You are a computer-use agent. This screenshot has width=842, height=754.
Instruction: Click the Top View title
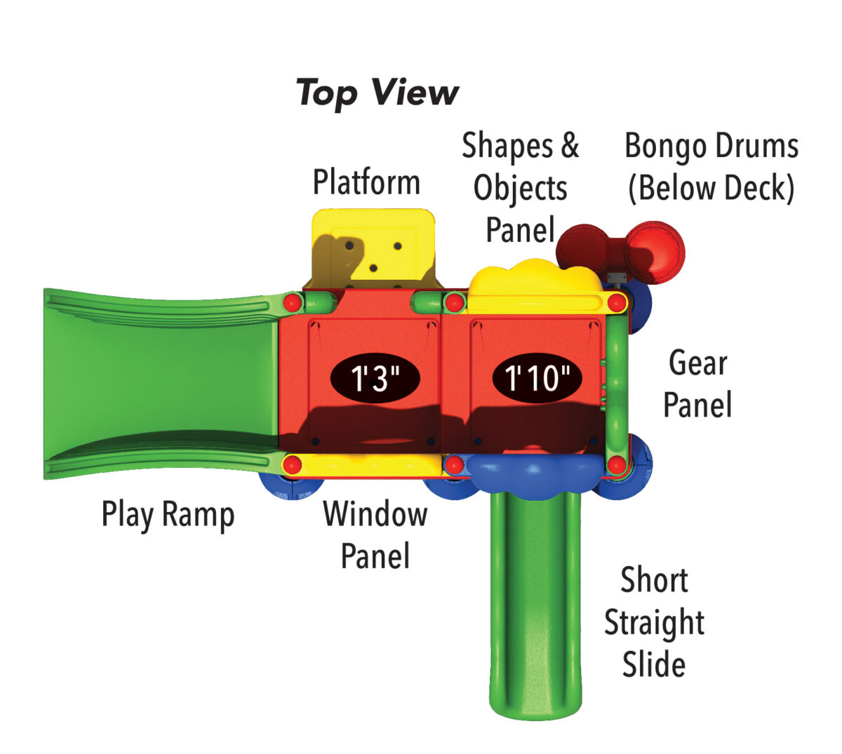(377, 93)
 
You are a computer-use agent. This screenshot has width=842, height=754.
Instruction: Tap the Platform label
(366, 182)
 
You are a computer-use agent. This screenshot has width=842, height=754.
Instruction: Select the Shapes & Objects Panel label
(521, 187)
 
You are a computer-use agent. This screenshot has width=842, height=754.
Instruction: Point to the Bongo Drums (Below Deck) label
(711, 167)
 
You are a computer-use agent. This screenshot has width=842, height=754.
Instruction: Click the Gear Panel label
(697, 384)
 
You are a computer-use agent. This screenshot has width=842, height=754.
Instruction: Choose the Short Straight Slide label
(654, 622)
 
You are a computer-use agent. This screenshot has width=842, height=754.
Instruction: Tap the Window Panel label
(375, 534)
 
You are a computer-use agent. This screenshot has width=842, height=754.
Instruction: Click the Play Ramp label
(168, 514)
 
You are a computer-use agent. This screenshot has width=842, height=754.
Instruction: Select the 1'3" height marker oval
(375, 378)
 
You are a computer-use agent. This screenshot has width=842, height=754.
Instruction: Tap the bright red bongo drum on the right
(655, 253)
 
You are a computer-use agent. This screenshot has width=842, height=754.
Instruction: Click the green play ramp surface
(161, 382)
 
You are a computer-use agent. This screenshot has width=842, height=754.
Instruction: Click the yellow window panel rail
(365, 464)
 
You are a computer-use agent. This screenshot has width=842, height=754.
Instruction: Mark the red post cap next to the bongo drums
(617, 303)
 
